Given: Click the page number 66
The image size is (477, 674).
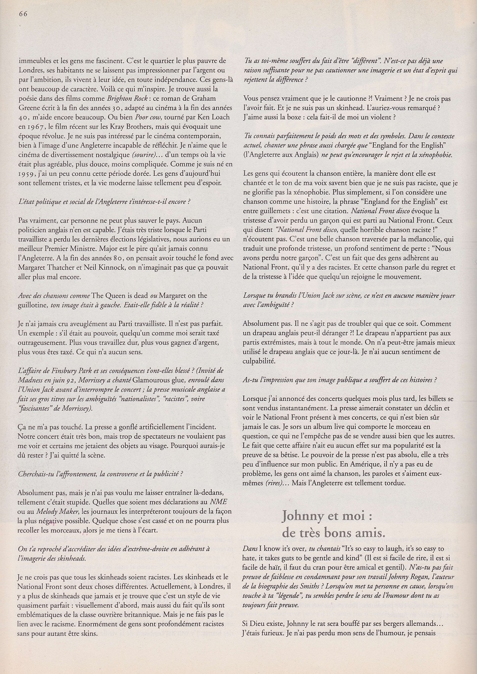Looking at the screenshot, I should point(23,14).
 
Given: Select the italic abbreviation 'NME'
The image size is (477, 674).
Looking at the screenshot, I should point(219,502).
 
